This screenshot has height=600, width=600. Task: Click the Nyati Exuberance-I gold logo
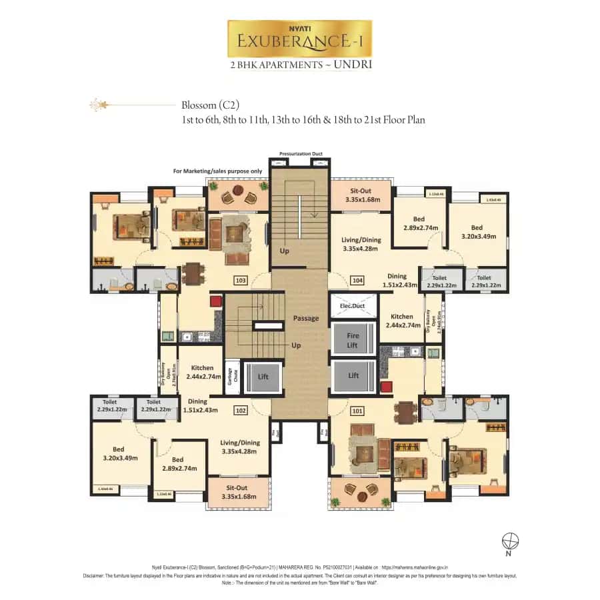[x=299, y=39]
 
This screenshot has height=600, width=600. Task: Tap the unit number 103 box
[x=241, y=280]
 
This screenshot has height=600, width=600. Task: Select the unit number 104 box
[x=358, y=280]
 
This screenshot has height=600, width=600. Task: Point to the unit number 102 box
[x=241, y=411]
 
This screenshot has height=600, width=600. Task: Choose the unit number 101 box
[x=358, y=411]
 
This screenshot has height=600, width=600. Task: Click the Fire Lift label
[x=353, y=341]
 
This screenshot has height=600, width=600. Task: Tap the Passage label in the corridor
[x=306, y=318]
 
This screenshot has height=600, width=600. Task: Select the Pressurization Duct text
[x=301, y=154]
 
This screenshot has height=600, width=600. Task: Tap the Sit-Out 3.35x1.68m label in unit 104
[x=363, y=195]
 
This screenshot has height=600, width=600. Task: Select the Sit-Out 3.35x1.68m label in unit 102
[x=238, y=492]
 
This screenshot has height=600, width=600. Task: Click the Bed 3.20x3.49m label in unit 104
[x=477, y=232]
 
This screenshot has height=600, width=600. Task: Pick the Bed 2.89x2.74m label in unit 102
[x=177, y=464]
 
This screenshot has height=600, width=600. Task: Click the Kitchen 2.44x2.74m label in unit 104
[x=403, y=321]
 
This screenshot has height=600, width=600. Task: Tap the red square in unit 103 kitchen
[x=215, y=302]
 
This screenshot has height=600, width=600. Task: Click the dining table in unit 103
[x=192, y=274]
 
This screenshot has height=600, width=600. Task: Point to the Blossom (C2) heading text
[x=210, y=105]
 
